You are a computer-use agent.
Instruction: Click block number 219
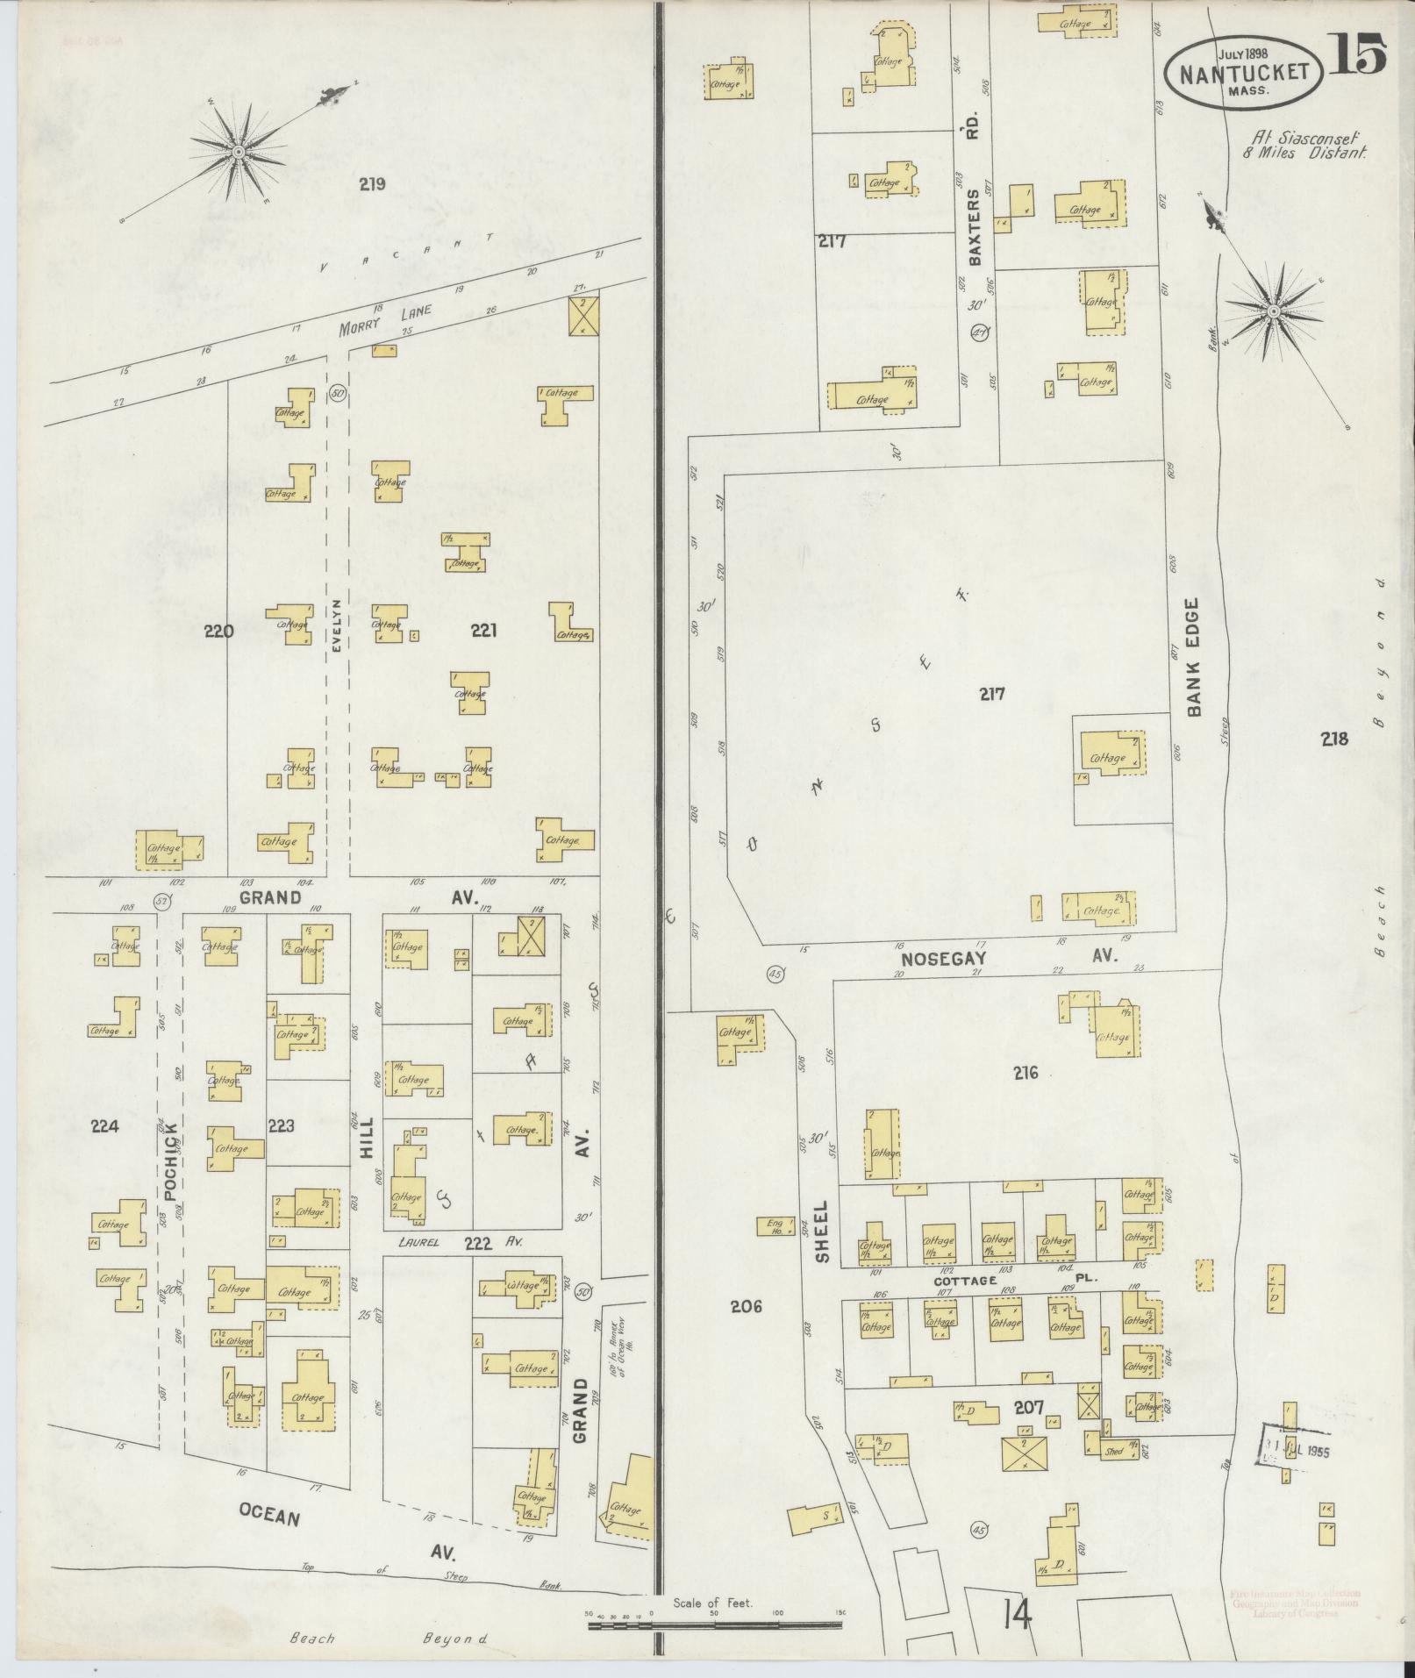pyautogui.click(x=373, y=185)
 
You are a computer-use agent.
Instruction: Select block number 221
pyautogui.click(x=484, y=630)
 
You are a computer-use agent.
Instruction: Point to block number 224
pyautogui.click(x=104, y=1125)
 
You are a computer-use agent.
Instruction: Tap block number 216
pyautogui.click(x=1026, y=1073)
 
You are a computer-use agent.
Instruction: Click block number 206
pyautogui.click(x=746, y=1307)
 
